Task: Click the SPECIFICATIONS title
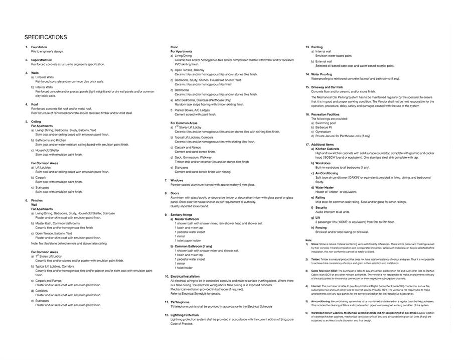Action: pos(46,37)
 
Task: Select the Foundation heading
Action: pos(39,47)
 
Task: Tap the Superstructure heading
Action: pos(42,60)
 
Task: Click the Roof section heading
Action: pos(35,104)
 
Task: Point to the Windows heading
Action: pos(177,180)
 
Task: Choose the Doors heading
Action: pos(175,193)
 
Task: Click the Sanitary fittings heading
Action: pos(181,215)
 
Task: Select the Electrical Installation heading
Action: pos(185,276)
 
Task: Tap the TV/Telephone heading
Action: pos(180,302)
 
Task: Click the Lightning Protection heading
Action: pos(185,315)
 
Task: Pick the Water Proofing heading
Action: pos(322,74)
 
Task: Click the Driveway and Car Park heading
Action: pos(327,87)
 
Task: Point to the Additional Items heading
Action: pos(322,145)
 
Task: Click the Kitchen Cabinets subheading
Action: pos(327,149)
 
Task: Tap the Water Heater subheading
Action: pos(325,187)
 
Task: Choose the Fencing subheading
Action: pos(321,227)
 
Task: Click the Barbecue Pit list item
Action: pos(324,127)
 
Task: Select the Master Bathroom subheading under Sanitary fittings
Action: pos(187,219)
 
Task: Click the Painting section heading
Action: pos(317,47)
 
